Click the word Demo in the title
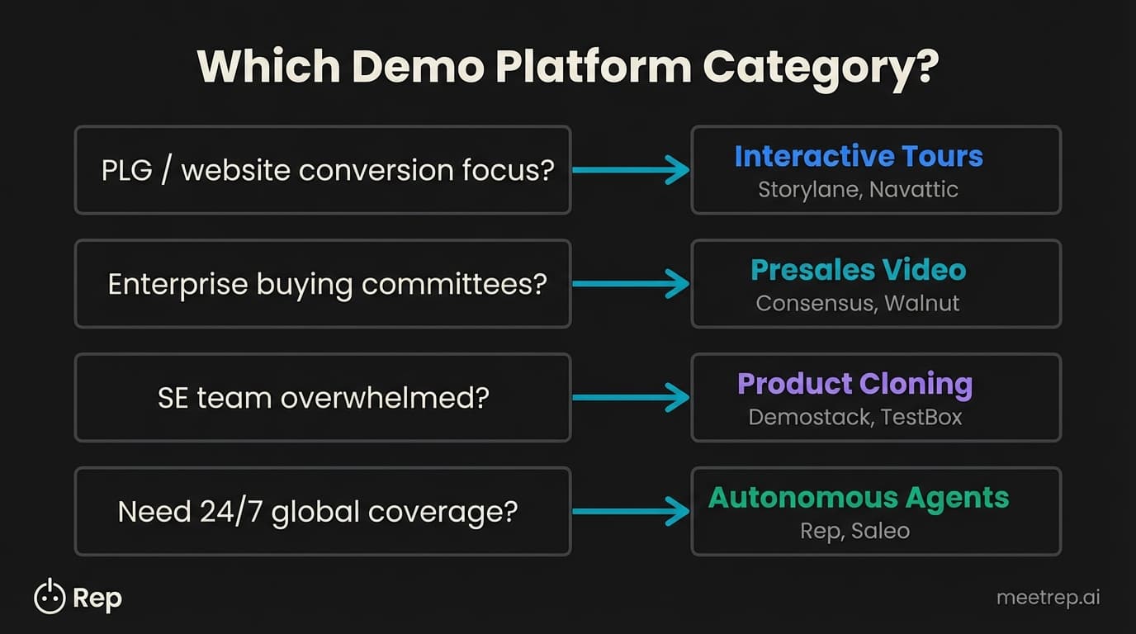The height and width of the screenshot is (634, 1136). pyautogui.click(x=416, y=67)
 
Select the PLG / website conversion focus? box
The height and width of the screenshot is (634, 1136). pyautogui.click(x=323, y=170)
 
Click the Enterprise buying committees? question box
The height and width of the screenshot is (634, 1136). pyautogui.click(x=323, y=284)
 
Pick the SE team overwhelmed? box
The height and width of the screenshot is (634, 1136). pyautogui.click(x=323, y=398)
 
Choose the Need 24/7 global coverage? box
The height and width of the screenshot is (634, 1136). pyautogui.click(x=323, y=512)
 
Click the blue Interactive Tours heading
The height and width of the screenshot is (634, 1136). pyautogui.click(x=859, y=156)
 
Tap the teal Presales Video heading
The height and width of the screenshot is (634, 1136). pyautogui.click(x=859, y=270)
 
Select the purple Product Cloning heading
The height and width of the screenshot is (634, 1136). pyautogui.click(x=854, y=384)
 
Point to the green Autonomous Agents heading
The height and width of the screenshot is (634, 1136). pyautogui.click(x=859, y=498)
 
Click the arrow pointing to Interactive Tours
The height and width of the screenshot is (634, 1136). pyautogui.click(x=631, y=170)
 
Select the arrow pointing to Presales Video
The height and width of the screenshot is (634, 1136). pyautogui.click(x=631, y=284)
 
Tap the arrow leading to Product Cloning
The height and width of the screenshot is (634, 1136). pyautogui.click(x=631, y=398)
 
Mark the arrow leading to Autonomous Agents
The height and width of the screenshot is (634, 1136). pyautogui.click(x=631, y=512)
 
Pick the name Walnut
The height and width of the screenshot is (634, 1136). pyautogui.click(x=921, y=304)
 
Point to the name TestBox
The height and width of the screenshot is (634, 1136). pyautogui.click(x=921, y=418)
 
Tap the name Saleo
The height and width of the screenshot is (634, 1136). pyautogui.click(x=880, y=532)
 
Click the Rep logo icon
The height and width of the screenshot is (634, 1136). pyautogui.click(x=49, y=597)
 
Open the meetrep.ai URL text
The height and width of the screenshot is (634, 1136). pyautogui.click(x=1048, y=598)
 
